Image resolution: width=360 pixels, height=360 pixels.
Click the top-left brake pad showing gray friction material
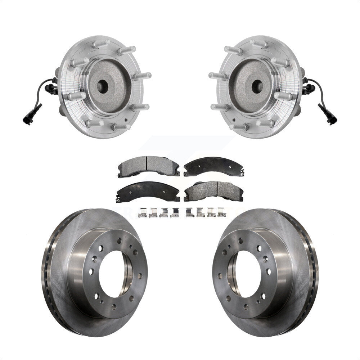click(148, 166)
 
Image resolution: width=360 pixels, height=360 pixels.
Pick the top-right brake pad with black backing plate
click(213, 166)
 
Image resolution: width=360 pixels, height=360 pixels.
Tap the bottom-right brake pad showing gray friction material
click(212, 191)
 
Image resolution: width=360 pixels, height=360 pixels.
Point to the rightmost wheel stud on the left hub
click(143, 76)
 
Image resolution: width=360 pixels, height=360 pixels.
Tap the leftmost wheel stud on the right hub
click(216, 76)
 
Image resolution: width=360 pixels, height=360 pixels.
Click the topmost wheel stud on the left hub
click(101, 44)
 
